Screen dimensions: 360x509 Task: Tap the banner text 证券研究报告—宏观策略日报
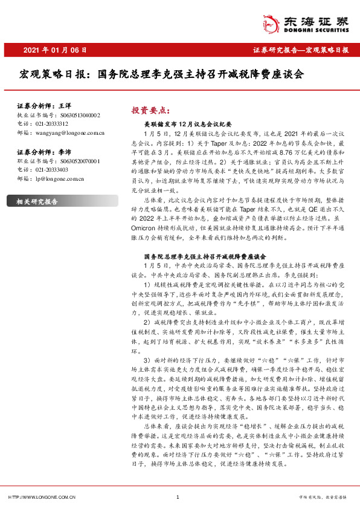(300, 50)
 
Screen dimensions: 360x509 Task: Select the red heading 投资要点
(149, 110)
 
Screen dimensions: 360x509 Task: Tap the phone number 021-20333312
(51, 122)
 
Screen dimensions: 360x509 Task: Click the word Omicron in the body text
(158, 212)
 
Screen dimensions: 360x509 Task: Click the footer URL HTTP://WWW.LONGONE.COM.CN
(41, 497)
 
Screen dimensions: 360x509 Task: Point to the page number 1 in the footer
(178, 497)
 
